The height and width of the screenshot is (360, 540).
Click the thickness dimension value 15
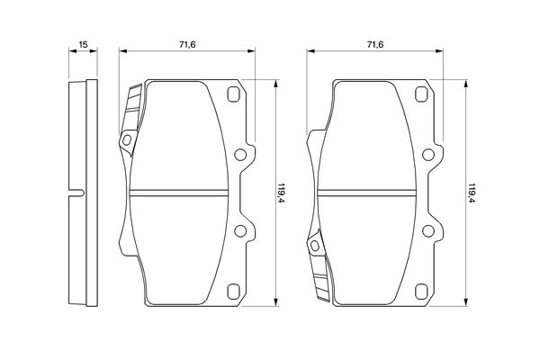tap(83, 44)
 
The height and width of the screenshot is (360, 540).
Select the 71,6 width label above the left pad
tap(187, 44)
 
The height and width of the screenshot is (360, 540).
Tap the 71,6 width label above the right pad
tap(375, 44)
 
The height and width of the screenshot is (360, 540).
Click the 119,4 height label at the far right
tap(471, 192)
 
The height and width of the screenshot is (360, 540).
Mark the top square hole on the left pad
tap(234, 94)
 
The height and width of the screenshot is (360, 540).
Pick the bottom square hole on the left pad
tap(234, 291)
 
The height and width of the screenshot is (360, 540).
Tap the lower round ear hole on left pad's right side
tap(240, 231)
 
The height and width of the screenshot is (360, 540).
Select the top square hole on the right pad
tap(422, 94)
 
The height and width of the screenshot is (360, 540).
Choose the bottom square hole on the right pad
tap(422, 291)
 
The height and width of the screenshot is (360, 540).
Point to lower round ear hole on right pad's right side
tap(428, 231)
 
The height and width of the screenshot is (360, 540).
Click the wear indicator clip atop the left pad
tap(133, 108)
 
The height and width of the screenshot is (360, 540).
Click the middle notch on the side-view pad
tap(78, 192)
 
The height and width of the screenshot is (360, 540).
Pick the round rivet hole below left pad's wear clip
tap(127, 139)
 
